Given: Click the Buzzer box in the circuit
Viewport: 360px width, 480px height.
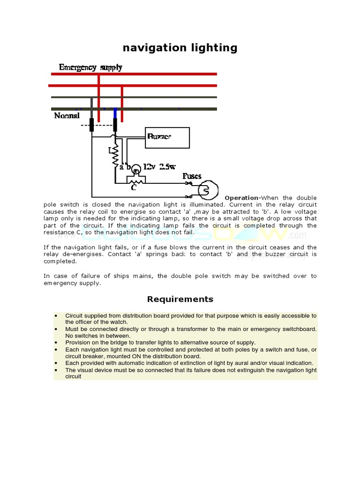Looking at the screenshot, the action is pos(167,137).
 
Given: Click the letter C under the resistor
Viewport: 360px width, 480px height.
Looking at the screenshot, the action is pos(134,187).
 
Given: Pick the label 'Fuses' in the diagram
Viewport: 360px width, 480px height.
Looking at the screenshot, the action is pos(192,176).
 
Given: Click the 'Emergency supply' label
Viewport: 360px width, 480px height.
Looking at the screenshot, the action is pos(90,67).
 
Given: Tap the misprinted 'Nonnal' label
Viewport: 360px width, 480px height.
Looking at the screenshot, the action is pos(67,115).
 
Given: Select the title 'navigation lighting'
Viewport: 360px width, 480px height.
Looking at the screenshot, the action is pos(180,48).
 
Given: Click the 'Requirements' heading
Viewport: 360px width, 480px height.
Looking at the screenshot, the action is pos(180,299).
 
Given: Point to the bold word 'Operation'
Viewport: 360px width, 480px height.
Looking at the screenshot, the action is pos(241,198).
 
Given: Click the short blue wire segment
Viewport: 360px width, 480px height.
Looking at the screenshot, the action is pos(115,112).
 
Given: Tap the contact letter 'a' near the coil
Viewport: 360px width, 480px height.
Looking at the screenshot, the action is pos(121,166).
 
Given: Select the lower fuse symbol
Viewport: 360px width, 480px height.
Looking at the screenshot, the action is pos(188,196).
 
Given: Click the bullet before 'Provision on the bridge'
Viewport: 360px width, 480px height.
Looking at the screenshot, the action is pos(56,343).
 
